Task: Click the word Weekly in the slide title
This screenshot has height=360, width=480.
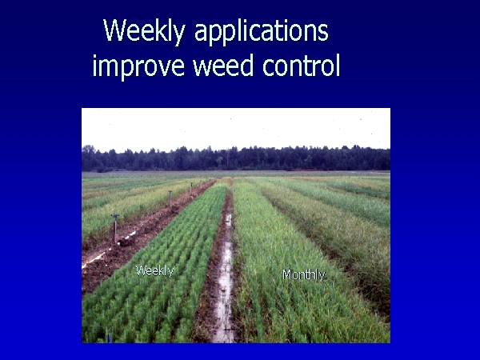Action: pos(145,31)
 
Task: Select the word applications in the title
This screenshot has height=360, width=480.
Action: pos(262,32)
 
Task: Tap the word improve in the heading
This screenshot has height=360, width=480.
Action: pos(138,66)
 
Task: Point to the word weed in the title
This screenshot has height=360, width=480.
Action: pos(223,65)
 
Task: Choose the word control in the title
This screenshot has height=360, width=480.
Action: pos(302,65)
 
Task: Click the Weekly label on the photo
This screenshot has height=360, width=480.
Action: pos(154,271)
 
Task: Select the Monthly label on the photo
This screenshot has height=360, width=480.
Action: pos(304,275)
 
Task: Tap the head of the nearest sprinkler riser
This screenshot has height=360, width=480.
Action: pos(115,216)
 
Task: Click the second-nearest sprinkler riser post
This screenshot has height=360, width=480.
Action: pos(170,198)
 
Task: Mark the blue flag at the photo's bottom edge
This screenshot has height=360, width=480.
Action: pos(109,338)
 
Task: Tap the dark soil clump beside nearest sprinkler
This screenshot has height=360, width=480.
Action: pos(125,242)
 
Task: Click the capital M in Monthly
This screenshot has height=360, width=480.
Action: pos(287,274)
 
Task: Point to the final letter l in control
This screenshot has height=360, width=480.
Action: pos(338,65)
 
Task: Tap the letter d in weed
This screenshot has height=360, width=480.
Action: pos(247,65)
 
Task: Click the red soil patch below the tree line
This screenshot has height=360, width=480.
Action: pos(302,170)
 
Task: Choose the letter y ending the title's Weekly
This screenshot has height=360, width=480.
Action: pos(179,35)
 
